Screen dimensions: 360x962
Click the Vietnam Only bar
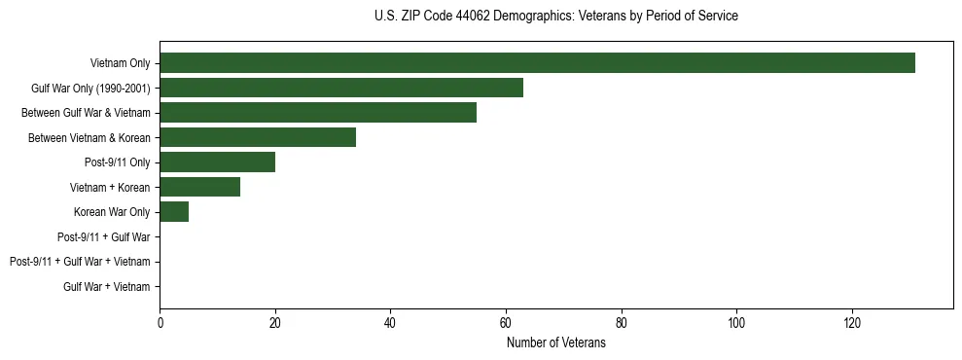pyautogui.click(x=537, y=62)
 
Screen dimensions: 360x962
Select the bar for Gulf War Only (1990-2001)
pyautogui.click(x=341, y=88)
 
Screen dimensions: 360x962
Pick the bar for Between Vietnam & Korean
pyautogui.click(x=258, y=137)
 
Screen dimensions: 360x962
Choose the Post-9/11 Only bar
pyautogui.click(x=217, y=162)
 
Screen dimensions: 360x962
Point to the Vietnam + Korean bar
pyautogui.click(x=199, y=187)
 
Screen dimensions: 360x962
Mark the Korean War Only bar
pyautogui.click(x=174, y=211)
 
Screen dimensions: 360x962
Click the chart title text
pyautogui.click(x=555, y=17)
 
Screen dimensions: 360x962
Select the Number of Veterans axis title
pyautogui.click(x=555, y=343)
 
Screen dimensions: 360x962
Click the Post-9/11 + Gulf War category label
pyautogui.click(x=104, y=236)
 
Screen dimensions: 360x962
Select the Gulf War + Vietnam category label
pyautogui.click(x=107, y=286)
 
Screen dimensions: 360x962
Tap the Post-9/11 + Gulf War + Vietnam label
pyautogui.click(x=80, y=262)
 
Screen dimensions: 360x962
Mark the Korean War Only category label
pyautogui.click(x=112, y=212)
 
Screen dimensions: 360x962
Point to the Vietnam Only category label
pyautogui.click(x=120, y=63)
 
